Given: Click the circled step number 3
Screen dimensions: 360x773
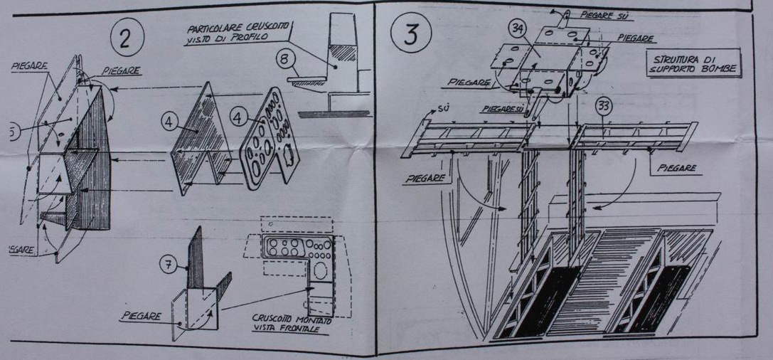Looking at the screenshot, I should [x=412, y=33].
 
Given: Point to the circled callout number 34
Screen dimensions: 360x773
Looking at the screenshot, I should [x=518, y=28].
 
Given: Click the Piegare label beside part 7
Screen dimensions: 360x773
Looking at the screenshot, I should [x=139, y=315].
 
